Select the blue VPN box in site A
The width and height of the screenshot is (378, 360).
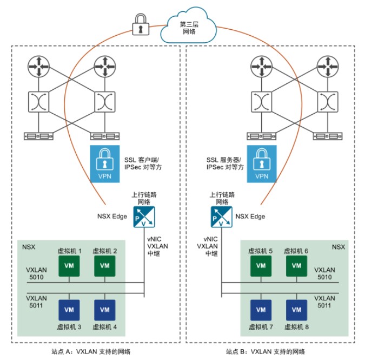pyautogui.click(x=103, y=162)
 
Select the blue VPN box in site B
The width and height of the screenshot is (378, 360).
pyautogui.click(x=262, y=162)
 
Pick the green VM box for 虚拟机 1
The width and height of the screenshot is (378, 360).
pyautogui.click(x=69, y=266)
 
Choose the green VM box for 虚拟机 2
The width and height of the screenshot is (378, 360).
pyautogui.click(x=104, y=266)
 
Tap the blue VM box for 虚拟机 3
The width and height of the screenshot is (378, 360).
pyautogui.click(x=69, y=310)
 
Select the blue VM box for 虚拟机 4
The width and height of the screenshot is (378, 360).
pyautogui.click(x=104, y=310)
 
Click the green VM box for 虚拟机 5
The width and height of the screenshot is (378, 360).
pyautogui.click(x=261, y=266)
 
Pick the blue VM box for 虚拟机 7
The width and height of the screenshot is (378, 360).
pyautogui.click(x=261, y=310)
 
